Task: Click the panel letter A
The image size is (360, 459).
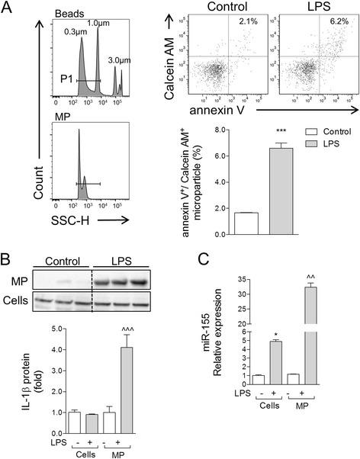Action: tap(7, 9)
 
